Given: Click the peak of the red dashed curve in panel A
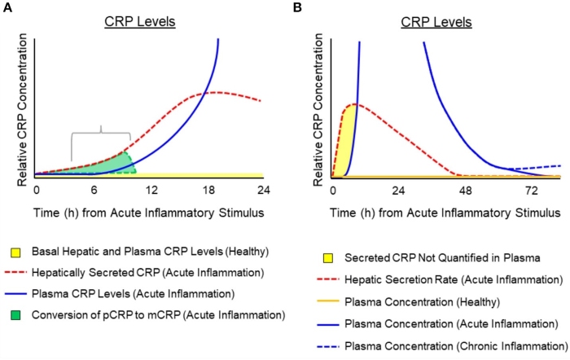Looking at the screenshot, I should point(215,92).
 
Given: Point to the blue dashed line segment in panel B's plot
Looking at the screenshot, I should point(537,167).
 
